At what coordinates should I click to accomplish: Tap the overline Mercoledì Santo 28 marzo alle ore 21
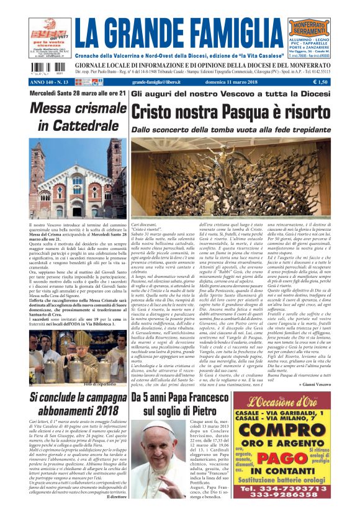pos(76,94)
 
